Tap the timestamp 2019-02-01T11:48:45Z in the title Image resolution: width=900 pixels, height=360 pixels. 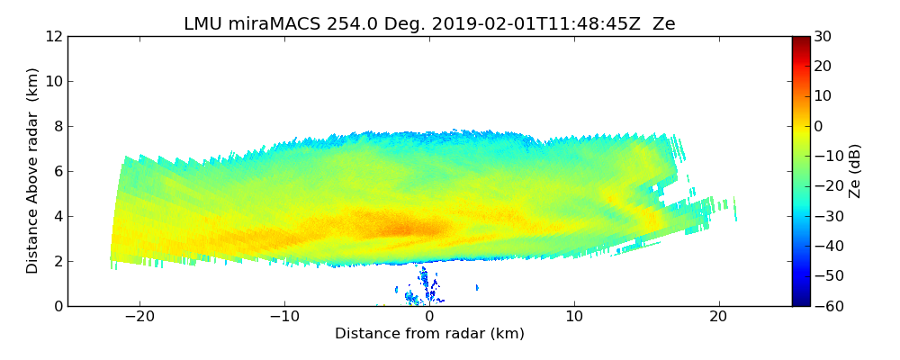(521, 24)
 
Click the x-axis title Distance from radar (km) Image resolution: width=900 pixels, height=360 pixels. (429, 334)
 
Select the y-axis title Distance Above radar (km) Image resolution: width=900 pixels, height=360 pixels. (33, 171)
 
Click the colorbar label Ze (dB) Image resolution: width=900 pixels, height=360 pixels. (855, 171)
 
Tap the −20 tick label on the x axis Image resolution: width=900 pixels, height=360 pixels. (139, 317)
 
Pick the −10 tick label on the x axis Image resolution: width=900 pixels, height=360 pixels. (284, 317)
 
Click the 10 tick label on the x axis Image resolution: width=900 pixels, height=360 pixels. (574, 317)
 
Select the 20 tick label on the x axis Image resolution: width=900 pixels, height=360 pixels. (718, 317)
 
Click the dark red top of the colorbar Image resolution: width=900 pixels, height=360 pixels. (801, 40)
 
